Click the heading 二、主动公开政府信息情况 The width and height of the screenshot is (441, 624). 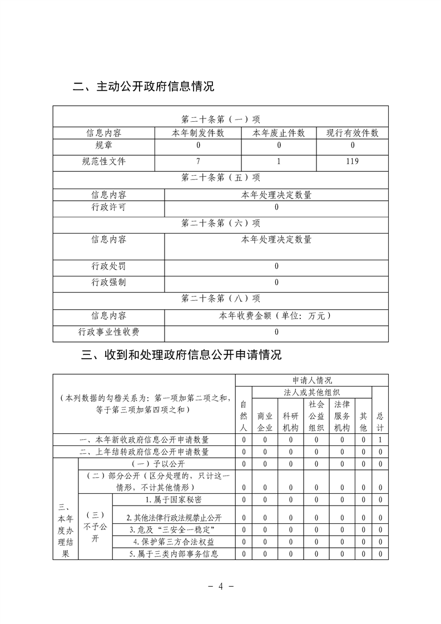(144, 87)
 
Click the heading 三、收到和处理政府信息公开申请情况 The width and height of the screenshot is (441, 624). (181, 355)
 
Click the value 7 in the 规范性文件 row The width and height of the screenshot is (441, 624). (198, 162)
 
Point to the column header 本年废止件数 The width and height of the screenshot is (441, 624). (279, 133)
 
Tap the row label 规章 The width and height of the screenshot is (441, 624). (103, 146)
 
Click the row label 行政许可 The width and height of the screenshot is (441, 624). (108, 208)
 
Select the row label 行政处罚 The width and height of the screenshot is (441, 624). (108, 266)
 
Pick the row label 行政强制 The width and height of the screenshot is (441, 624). (108, 283)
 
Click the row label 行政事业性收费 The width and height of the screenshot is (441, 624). (108, 333)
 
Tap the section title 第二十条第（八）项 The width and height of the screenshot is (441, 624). (221, 299)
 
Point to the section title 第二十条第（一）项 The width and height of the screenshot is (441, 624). (221, 120)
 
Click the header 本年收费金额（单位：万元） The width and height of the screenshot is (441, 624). (276, 316)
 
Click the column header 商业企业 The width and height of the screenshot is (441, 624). (265, 422)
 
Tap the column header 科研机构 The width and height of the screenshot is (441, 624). (290, 422)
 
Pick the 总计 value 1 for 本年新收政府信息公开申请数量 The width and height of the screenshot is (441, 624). (380, 440)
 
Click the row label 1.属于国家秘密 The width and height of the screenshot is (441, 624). (174, 499)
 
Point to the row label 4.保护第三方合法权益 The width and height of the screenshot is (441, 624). (174, 541)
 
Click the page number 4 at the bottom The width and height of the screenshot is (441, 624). (221, 587)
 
